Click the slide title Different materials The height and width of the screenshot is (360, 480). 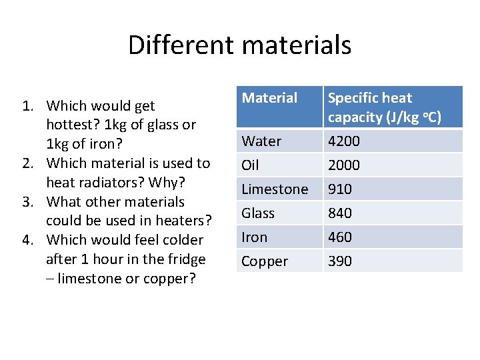(239, 45)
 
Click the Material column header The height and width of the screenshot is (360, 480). (269, 98)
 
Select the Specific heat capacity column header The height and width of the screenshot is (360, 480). (384, 107)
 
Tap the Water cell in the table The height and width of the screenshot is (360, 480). (261, 141)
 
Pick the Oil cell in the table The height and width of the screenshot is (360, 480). (251, 165)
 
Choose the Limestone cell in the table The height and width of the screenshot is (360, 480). (275, 189)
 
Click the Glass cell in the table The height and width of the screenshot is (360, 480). (258, 213)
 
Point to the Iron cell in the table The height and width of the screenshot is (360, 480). (254, 237)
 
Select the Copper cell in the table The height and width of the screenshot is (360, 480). (265, 261)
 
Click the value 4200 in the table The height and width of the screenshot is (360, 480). (344, 141)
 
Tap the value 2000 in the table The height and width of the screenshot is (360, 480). (344, 165)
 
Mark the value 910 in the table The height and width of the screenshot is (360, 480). (340, 189)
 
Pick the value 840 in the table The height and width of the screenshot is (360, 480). (340, 213)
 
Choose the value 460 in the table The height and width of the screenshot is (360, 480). (340, 237)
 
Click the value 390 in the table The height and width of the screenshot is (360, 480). (340, 261)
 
